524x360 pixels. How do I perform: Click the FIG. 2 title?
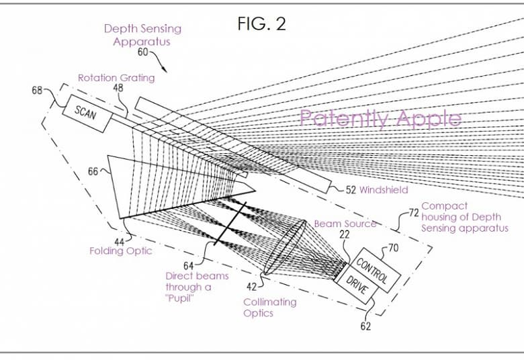261,24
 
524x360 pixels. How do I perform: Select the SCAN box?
86,114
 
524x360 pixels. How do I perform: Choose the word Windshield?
384,190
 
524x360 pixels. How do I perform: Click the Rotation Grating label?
116,77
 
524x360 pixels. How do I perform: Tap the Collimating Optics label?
269,307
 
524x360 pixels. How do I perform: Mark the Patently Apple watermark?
380,119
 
